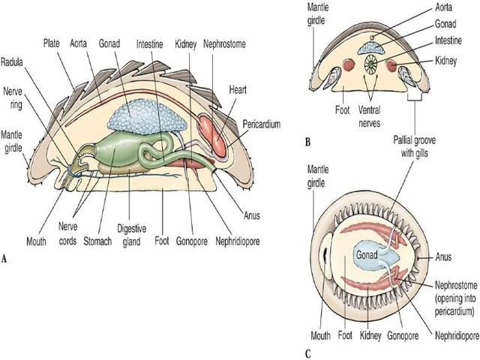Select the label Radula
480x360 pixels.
tap(15, 61)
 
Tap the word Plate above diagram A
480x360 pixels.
tap(52, 43)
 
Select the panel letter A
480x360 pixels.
tap(6, 259)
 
